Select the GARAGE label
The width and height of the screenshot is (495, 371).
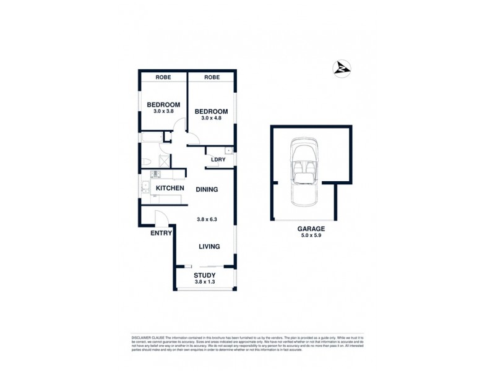tap(311, 228)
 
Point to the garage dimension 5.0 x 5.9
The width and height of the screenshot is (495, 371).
tap(311, 235)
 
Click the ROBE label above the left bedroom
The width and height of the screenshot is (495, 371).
tap(163, 77)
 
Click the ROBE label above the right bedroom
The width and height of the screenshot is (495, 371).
tap(212, 77)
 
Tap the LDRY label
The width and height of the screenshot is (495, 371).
tap(217, 160)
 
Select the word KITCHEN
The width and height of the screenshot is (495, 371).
tap(169, 188)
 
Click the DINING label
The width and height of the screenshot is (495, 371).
tap(207, 189)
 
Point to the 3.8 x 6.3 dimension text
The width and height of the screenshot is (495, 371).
tap(207, 219)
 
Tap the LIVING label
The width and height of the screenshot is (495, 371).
tap(209, 247)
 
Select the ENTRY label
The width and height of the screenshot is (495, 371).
tap(160, 233)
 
